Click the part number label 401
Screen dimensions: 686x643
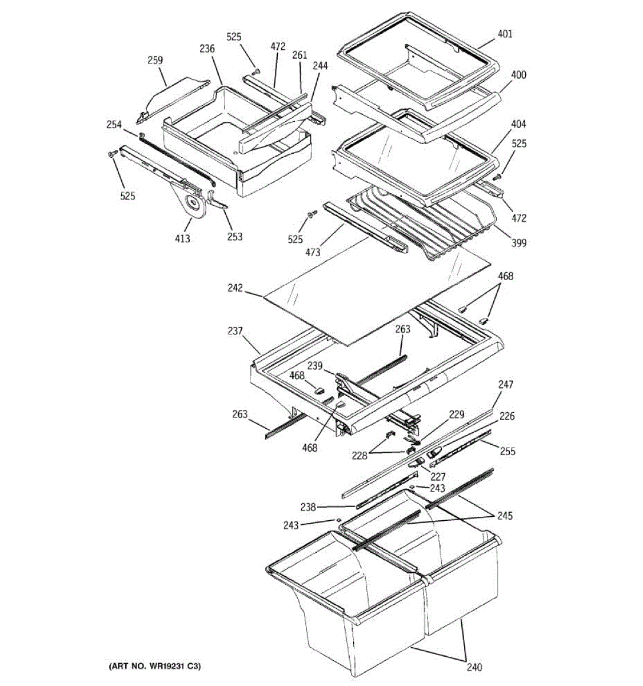point(505,34)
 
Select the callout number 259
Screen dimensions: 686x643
point(155,60)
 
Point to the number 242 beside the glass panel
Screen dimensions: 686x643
point(235,289)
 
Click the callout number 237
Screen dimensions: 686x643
point(235,331)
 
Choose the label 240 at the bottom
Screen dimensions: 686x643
point(474,667)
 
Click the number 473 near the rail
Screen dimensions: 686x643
point(313,252)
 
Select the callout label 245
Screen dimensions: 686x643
point(505,516)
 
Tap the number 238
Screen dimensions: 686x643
point(308,507)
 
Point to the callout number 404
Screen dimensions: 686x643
point(519,124)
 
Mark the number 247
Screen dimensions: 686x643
point(506,385)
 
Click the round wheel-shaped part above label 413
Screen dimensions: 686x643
point(193,205)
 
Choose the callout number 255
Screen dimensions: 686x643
point(507,452)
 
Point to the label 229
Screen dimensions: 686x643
point(457,414)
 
